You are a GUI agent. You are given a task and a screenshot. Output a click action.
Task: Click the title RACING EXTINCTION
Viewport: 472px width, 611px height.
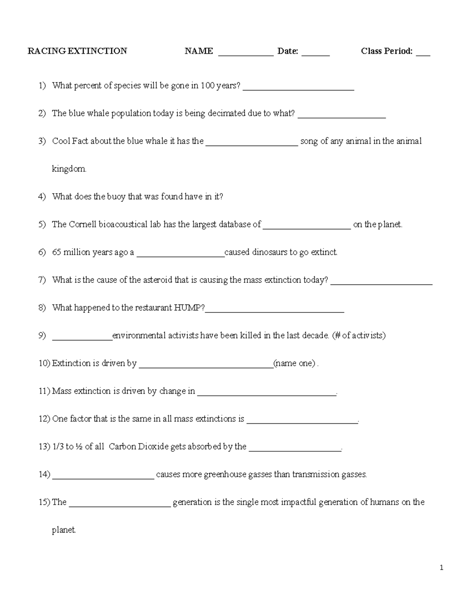click(77, 51)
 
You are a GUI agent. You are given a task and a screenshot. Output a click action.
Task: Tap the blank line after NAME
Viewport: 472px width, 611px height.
click(245, 54)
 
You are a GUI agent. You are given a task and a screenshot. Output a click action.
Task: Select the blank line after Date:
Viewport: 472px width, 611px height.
click(315, 54)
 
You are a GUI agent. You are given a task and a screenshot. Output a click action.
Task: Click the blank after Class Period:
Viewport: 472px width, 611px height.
click(423, 54)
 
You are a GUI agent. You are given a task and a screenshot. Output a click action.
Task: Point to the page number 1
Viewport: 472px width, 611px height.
click(441, 567)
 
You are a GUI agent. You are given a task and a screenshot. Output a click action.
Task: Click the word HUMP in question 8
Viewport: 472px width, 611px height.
click(189, 308)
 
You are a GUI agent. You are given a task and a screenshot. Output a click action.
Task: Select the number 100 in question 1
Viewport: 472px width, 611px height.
click(207, 86)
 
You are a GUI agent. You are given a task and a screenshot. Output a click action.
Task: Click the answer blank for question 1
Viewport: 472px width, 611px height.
click(299, 89)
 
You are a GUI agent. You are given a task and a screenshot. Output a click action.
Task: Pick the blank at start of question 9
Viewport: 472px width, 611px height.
click(82, 338)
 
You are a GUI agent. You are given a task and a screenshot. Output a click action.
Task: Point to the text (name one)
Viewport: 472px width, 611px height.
click(295, 364)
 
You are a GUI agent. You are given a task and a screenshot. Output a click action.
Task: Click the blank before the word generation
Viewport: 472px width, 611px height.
click(120, 505)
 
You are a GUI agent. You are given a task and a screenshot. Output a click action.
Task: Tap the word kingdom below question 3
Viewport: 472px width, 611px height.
click(69, 169)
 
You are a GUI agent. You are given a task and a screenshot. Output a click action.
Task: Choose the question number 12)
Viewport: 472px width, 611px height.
click(44, 419)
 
